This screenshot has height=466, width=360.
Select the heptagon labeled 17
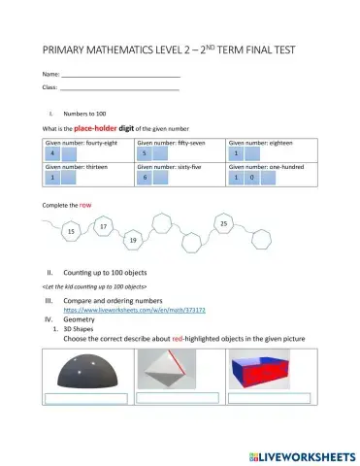[103, 226]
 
